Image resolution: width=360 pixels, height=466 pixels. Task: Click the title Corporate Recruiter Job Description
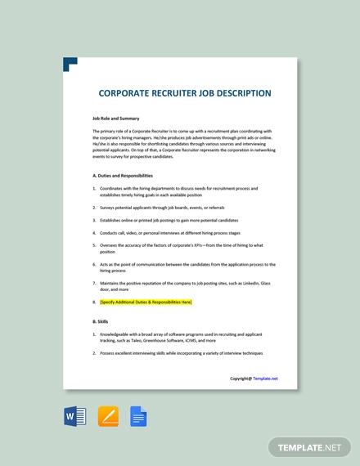coord(184,93)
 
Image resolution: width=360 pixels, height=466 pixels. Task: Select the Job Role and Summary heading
coord(115,119)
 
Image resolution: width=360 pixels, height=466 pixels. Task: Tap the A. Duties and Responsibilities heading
coord(123,176)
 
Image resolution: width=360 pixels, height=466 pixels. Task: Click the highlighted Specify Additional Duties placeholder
coord(146,302)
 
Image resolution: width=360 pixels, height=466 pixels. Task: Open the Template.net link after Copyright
coord(265,379)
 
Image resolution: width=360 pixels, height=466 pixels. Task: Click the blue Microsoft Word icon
coord(74,417)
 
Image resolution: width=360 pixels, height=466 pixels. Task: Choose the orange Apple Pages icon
coord(108,417)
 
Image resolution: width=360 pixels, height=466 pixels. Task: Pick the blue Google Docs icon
coord(138,417)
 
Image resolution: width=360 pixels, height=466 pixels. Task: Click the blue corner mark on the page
coord(70,64)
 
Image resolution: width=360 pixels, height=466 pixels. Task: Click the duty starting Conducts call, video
coord(172,232)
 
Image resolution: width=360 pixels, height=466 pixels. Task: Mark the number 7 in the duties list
coord(95,284)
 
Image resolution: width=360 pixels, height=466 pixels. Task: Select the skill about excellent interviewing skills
coord(181,353)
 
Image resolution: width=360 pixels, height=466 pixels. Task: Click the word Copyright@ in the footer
coord(241,379)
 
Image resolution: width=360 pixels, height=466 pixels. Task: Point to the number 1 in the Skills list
coord(95,334)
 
